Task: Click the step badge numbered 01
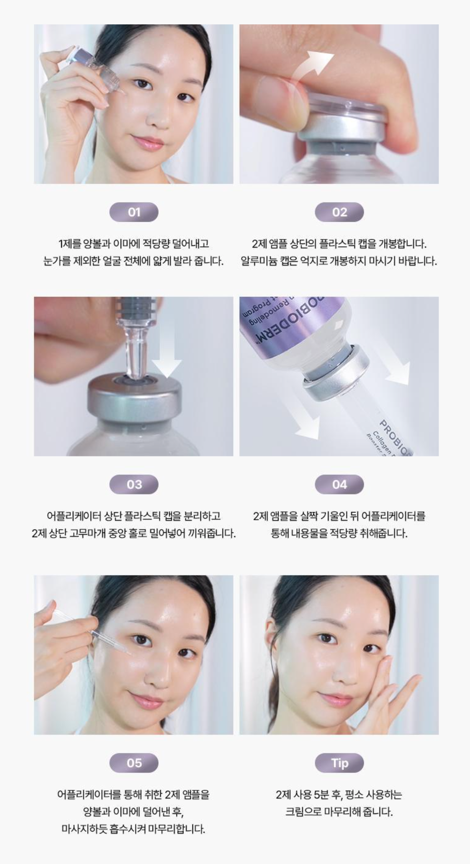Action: click(x=134, y=212)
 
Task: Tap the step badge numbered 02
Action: click(x=339, y=212)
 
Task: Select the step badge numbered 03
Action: click(x=134, y=484)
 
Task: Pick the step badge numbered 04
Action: click(x=339, y=484)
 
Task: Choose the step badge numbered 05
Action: click(x=134, y=763)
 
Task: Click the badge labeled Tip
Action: click(x=339, y=763)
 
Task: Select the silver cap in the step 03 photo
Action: click(x=134, y=399)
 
